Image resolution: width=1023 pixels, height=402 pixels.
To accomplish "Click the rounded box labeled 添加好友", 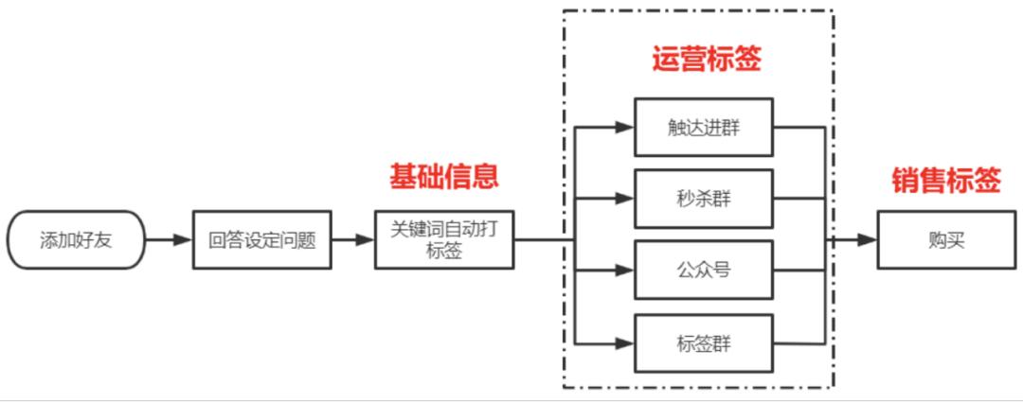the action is (x=76, y=239).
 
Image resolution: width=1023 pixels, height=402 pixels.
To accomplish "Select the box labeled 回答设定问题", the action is (x=262, y=239).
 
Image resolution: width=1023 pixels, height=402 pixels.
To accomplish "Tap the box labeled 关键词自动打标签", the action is (x=444, y=239).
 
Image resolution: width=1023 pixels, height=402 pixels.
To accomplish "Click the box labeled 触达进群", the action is (x=704, y=128).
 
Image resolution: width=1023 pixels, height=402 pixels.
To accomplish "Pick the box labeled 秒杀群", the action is (x=704, y=199).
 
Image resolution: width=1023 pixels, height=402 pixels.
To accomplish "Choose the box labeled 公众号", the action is (x=704, y=270).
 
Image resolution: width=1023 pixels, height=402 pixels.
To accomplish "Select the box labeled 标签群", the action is (x=704, y=343).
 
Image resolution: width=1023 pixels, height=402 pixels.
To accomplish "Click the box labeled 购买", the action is (x=946, y=239).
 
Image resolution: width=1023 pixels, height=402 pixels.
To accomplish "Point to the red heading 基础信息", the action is (x=444, y=177).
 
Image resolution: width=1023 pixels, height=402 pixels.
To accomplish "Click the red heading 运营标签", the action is (x=707, y=60).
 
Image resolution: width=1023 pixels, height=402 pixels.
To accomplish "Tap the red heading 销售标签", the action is (x=946, y=181).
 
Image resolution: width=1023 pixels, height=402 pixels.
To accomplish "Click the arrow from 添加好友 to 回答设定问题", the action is (x=169, y=239).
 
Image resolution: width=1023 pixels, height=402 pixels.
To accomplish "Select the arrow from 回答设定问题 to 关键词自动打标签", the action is (x=353, y=239).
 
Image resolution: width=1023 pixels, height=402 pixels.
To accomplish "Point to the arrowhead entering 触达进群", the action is (x=625, y=128).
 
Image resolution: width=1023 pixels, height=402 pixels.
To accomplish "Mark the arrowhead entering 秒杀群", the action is (x=625, y=199).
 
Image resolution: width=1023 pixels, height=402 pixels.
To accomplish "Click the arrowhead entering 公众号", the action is (x=625, y=270).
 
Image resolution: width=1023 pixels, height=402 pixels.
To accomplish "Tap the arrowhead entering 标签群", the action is (x=625, y=343).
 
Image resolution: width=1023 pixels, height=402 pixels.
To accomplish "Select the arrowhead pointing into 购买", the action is (x=867, y=239).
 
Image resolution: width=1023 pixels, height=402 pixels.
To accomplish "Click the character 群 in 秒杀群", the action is (x=722, y=199).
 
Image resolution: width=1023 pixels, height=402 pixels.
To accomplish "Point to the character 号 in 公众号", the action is (x=722, y=270).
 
